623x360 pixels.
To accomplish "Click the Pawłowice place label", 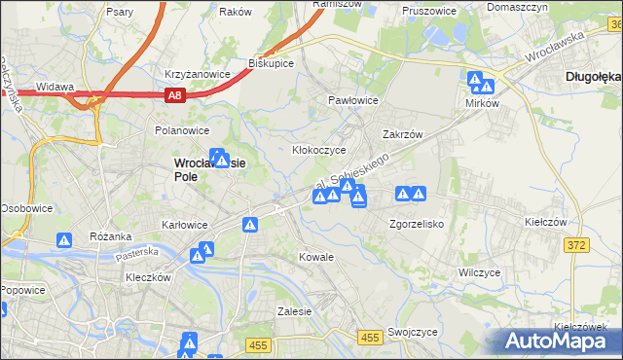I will [352, 100].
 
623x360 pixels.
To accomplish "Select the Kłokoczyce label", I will [319, 151].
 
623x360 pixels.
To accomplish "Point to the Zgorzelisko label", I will [417, 223].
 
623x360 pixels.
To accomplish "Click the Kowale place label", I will [317, 257].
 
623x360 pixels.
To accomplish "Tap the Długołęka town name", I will [592, 75].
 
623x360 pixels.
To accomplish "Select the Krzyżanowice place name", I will [197, 74].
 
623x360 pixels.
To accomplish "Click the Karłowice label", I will [185, 225].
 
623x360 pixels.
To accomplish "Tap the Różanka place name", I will [111, 236].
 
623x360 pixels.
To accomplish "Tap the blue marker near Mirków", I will [476, 81].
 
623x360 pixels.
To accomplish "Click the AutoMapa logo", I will [561, 342].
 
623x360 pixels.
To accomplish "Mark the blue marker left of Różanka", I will [64, 240].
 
